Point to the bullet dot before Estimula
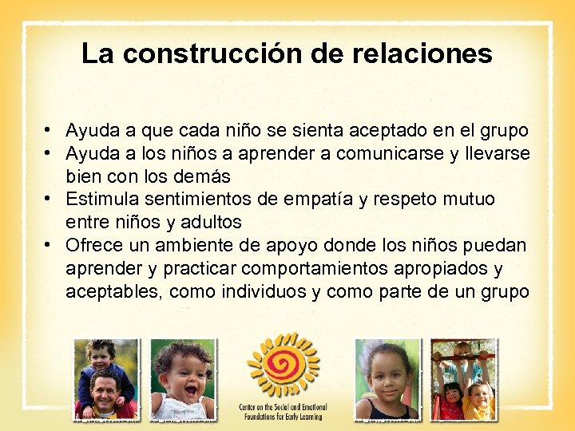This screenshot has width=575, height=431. pyautogui.click(x=49, y=199)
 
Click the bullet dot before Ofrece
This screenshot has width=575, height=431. pyautogui.click(x=49, y=245)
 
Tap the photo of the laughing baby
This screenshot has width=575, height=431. pyautogui.click(x=183, y=379)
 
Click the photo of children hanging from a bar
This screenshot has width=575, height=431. pyautogui.click(x=463, y=379)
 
